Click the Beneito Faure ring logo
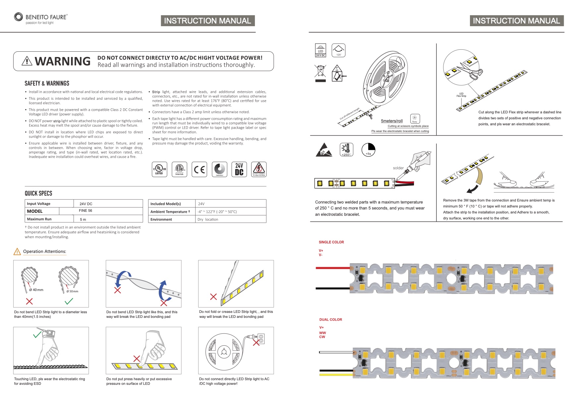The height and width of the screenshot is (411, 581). (19, 17)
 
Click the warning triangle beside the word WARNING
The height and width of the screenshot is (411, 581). (27, 61)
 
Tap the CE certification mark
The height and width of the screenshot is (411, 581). (199, 169)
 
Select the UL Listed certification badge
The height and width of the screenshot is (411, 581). (159, 169)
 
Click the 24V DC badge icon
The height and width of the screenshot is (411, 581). (239, 169)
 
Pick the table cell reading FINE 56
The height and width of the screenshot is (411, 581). (86, 211)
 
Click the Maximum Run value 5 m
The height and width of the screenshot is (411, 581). (83, 219)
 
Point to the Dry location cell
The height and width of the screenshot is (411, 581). (208, 219)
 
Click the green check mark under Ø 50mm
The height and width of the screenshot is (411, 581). (69, 301)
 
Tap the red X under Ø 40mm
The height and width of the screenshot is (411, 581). (29, 301)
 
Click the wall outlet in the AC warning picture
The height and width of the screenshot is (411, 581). (261, 338)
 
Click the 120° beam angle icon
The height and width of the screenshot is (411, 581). (338, 50)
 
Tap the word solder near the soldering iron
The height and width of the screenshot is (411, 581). (398, 168)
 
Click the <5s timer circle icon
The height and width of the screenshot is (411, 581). (368, 149)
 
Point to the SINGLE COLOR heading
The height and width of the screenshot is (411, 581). (331, 242)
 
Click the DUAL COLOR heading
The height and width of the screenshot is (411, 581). (330, 320)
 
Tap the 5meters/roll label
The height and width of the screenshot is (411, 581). (391, 121)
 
